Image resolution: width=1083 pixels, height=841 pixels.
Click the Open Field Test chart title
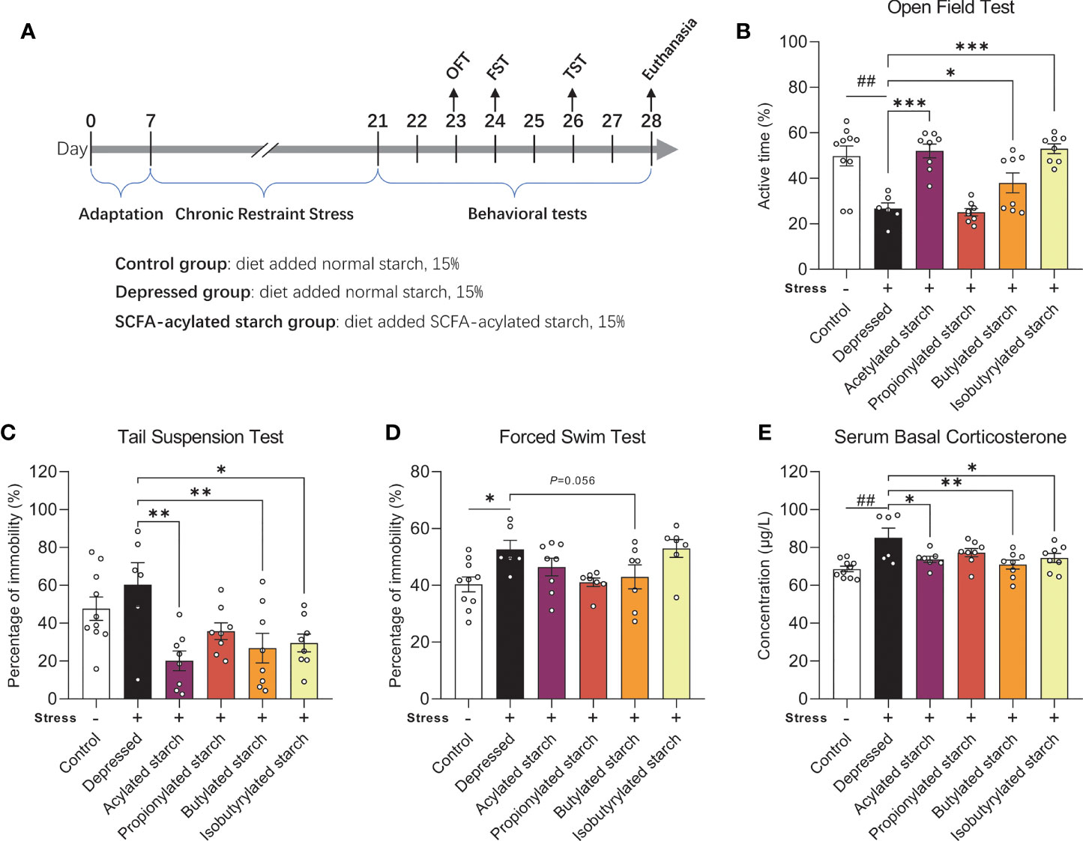[950, 7]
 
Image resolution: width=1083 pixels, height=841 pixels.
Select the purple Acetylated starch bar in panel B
[929, 210]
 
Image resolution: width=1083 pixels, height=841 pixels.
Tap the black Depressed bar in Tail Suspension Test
[137, 641]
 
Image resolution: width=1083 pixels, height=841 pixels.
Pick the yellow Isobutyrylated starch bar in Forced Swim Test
[676, 623]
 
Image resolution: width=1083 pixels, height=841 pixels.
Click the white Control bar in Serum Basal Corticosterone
[846, 634]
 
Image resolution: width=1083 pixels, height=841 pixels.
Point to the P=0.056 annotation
[572, 481]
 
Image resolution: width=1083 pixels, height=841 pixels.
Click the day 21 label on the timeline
[377, 121]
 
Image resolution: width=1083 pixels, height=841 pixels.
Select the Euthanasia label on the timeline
[669, 49]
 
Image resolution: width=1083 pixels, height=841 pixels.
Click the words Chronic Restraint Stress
[264, 213]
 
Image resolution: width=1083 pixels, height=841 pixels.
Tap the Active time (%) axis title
[764, 156]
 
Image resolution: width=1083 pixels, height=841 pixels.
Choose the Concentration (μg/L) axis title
[764, 586]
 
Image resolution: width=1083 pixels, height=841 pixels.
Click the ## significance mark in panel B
[866, 81]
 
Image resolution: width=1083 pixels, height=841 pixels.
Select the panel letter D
[393, 432]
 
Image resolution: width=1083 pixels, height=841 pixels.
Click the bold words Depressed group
[182, 292]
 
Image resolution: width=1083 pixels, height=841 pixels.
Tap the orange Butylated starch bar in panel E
[1013, 632]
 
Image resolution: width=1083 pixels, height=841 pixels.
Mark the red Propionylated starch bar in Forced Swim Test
[593, 641]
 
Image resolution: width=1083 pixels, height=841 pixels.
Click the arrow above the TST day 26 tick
[572, 100]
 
